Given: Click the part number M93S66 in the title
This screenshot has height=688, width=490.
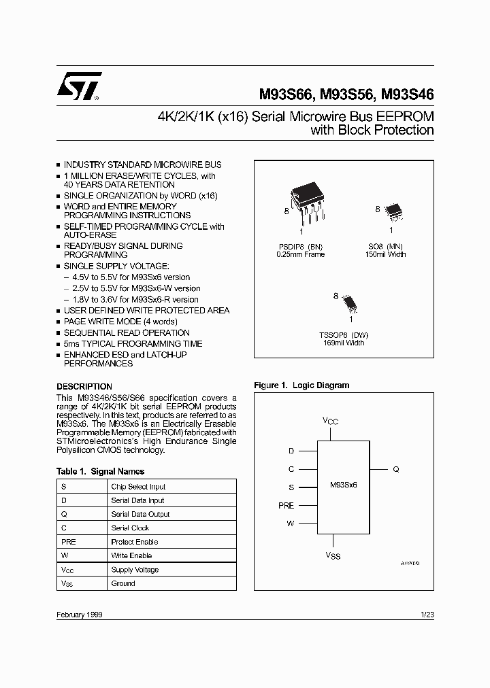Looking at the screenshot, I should (x=286, y=95).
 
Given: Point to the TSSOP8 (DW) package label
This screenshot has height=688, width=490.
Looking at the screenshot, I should (x=343, y=334).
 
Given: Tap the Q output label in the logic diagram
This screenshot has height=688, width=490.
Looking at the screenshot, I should (x=395, y=469).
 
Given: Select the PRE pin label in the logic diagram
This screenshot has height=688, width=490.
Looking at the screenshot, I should (x=286, y=505).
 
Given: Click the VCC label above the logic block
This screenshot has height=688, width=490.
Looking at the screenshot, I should (x=330, y=422).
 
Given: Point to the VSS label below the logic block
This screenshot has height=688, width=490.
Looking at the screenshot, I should (x=332, y=556).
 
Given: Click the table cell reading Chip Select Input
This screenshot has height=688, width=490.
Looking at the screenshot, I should (x=138, y=487).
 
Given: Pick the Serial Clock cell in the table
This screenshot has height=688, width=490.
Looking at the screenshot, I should (x=130, y=528).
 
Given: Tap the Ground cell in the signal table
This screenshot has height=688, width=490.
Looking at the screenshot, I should (x=123, y=583).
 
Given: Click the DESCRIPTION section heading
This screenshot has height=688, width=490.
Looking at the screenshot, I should (x=84, y=387).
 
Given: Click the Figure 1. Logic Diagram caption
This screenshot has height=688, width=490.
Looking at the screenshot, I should (x=301, y=385).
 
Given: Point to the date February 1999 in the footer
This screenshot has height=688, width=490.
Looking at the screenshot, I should (x=80, y=614).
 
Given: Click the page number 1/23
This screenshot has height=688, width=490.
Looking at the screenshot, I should (x=427, y=614).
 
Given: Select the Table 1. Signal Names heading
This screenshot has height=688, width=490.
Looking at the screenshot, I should (x=100, y=471).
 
